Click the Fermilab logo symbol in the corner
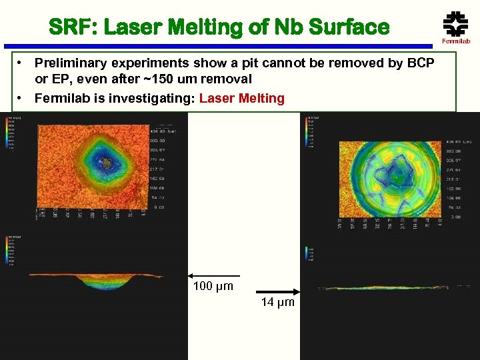pyautogui.click(x=455, y=25)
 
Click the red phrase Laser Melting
pyautogui.click(x=241, y=99)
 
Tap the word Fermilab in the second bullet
pyautogui.click(x=63, y=99)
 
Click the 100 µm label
pyautogui.click(x=213, y=287)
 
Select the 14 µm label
pyautogui.click(x=277, y=302)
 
